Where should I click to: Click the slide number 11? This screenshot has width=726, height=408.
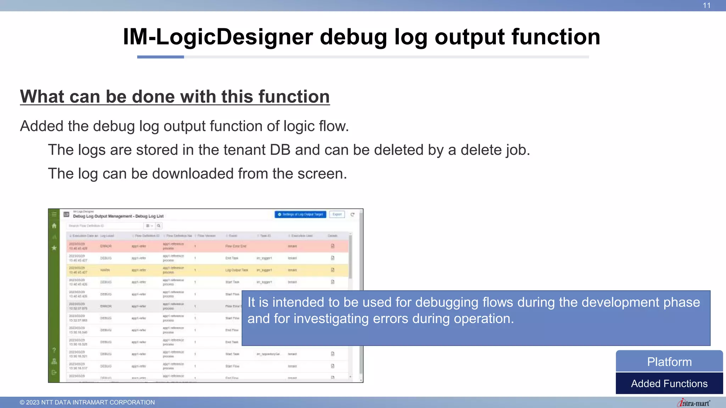(707, 6)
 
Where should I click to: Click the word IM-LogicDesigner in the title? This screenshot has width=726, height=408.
(218, 37)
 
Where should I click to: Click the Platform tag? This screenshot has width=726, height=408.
(669, 362)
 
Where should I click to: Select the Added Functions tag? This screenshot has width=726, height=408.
(669, 384)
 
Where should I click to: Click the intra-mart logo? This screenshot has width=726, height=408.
(694, 403)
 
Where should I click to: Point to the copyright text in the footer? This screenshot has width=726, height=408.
(87, 402)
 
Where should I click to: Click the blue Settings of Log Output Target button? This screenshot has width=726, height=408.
(300, 215)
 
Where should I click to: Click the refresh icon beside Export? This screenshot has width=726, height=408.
(352, 215)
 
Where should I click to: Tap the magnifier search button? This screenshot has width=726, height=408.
(159, 226)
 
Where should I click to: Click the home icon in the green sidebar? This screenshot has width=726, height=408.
(54, 226)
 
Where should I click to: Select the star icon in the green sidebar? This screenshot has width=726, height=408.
(54, 248)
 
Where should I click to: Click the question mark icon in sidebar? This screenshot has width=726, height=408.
(54, 350)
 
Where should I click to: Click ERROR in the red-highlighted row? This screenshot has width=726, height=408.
(106, 246)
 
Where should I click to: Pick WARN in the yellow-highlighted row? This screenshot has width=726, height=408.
(105, 270)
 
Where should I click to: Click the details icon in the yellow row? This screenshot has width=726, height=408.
(333, 270)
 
